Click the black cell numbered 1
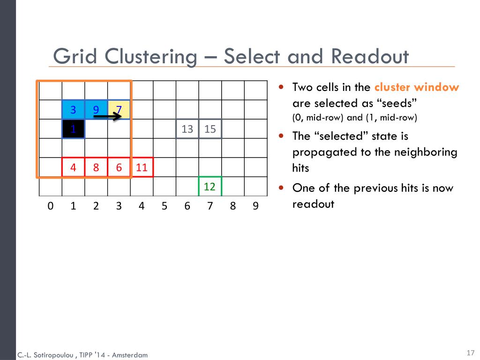[x=73, y=129]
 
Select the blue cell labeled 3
[x=73, y=110]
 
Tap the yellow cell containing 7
[x=119, y=110]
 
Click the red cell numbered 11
[x=142, y=167]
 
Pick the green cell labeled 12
[x=210, y=187]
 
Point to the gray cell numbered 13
[x=187, y=129]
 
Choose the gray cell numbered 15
[x=210, y=129]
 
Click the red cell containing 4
[x=73, y=167]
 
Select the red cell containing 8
[x=96, y=167]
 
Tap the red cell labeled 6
[x=119, y=167]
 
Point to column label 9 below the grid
[x=255, y=206]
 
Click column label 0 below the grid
[x=50, y=206]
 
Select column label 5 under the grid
[x=164, y=206]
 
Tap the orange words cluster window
[x=417, y=87]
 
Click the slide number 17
[x=471, y=353]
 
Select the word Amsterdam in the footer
[x=129, y=355]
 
